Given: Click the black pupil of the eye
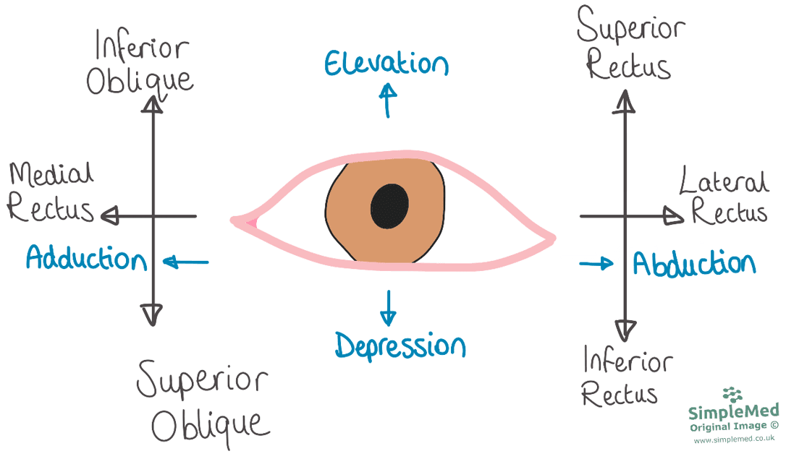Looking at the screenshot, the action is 389,206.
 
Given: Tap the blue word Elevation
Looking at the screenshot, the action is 386,64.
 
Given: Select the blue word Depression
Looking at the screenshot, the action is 400,346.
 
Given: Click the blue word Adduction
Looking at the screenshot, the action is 86,258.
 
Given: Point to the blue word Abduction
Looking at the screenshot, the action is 694,263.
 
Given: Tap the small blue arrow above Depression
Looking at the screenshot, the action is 388,308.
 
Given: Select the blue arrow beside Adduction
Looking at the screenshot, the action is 186,262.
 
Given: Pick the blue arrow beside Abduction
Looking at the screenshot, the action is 596,263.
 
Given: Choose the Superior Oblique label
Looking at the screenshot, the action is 203,403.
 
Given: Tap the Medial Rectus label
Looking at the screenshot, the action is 51,192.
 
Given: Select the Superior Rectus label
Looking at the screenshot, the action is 630,43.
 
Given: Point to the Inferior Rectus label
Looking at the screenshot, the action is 627,377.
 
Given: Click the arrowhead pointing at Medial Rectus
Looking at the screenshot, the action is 110,215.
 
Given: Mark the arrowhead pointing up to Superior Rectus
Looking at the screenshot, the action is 625,101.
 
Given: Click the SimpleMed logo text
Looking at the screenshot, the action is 733,411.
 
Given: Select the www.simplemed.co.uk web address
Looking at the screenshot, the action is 734,439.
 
